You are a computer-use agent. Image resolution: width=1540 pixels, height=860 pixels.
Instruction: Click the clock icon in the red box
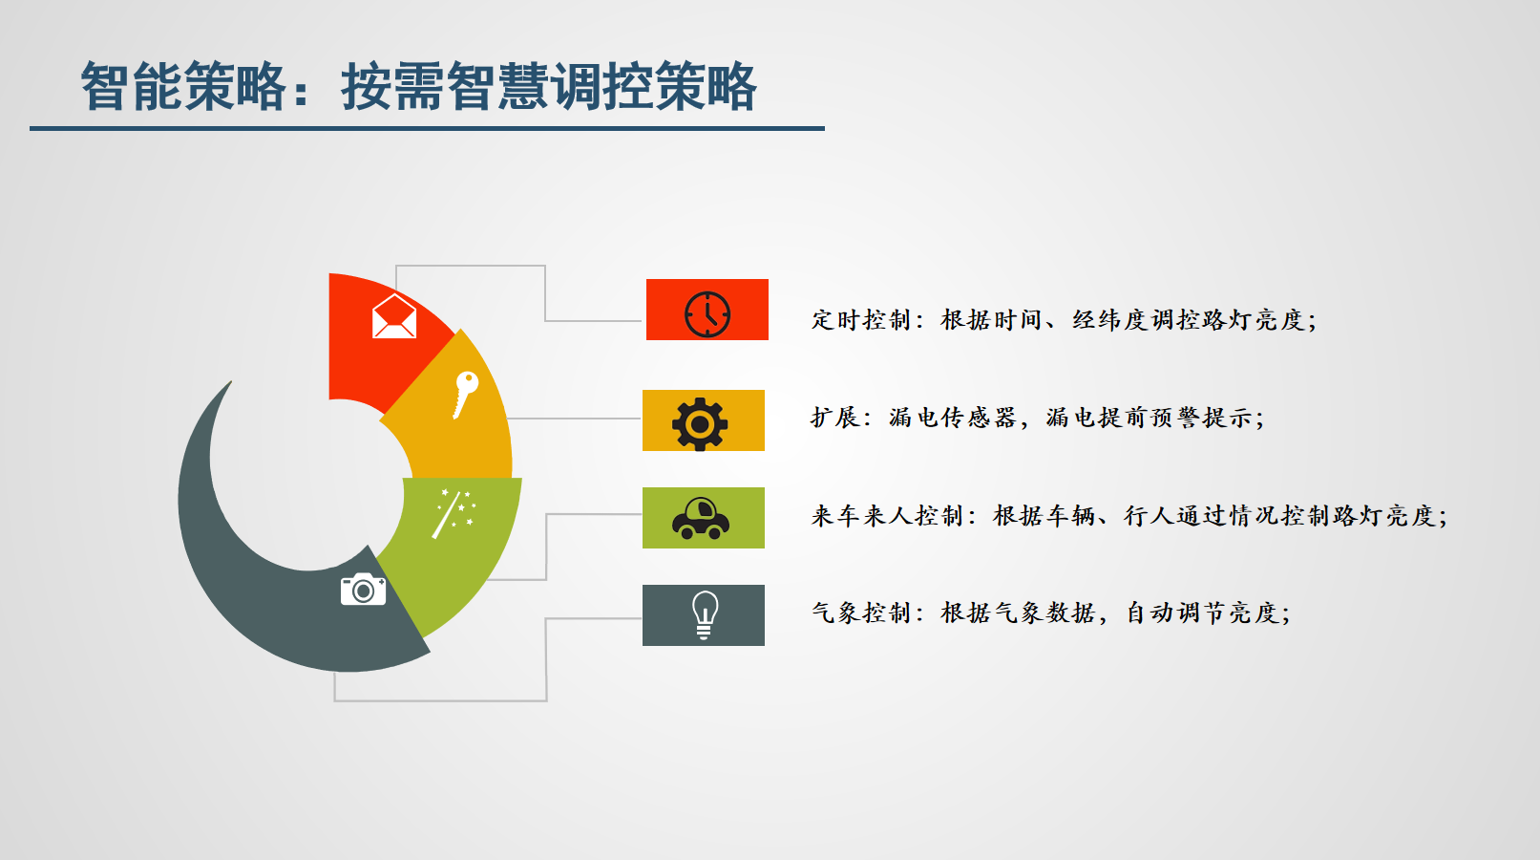707,314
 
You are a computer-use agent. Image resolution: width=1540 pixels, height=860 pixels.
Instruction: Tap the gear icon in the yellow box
700,424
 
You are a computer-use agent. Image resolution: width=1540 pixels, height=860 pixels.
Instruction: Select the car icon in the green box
701,518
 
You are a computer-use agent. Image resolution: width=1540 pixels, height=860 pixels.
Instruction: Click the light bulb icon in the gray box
705,615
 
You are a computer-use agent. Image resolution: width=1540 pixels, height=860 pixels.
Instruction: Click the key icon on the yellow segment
466,395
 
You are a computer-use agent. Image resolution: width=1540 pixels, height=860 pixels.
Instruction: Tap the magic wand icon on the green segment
454,513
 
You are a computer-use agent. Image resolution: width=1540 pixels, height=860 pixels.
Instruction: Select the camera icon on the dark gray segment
363,589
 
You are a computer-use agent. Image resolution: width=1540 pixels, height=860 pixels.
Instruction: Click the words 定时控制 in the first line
861,320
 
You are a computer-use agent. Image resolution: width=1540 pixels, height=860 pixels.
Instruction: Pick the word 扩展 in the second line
835,417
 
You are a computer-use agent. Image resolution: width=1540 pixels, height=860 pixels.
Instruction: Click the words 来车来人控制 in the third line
887,515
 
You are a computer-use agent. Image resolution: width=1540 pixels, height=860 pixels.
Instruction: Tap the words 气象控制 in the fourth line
861,613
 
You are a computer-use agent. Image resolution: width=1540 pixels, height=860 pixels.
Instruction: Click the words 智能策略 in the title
183,86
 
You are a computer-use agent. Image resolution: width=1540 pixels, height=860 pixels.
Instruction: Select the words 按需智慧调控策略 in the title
549,86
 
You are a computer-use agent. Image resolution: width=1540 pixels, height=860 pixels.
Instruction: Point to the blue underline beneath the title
427,128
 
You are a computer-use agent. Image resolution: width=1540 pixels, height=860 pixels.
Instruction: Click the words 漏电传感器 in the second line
952,417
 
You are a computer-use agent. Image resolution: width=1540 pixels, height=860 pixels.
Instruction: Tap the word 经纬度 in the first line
1111,320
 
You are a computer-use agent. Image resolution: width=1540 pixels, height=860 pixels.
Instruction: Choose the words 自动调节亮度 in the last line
1203,613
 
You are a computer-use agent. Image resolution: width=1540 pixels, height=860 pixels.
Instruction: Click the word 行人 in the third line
1150,515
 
